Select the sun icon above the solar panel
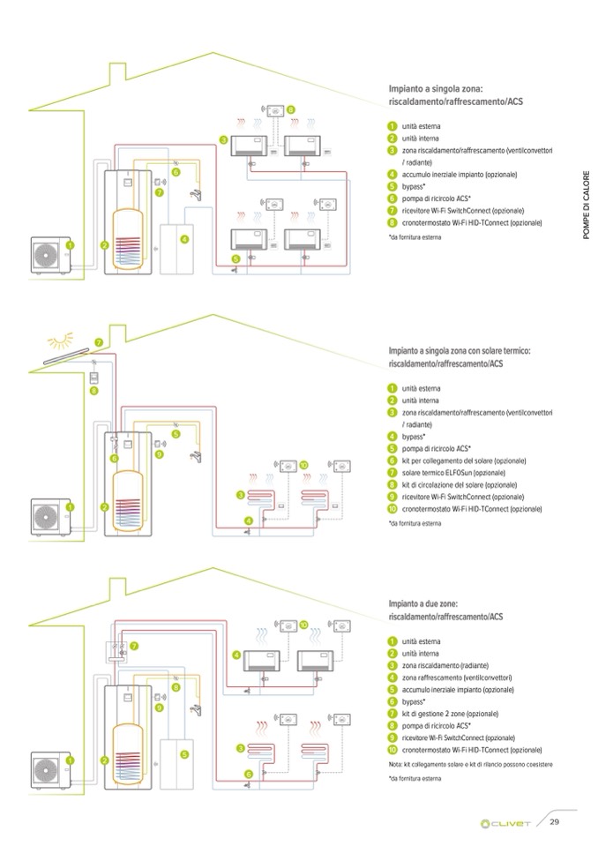[x=61, y=341]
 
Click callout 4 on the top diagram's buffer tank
[x=183, y=239]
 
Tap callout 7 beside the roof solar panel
[x=99, y=342]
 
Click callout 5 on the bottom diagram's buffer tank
[x=183, y=754]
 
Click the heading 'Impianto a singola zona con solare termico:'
[x=460, y=351]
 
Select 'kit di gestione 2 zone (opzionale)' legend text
[x=450, y=713]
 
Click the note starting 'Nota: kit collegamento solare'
[x=470, y=763]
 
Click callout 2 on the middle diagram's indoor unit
[x=105, y=507]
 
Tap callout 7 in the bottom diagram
[x=134, y=646]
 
